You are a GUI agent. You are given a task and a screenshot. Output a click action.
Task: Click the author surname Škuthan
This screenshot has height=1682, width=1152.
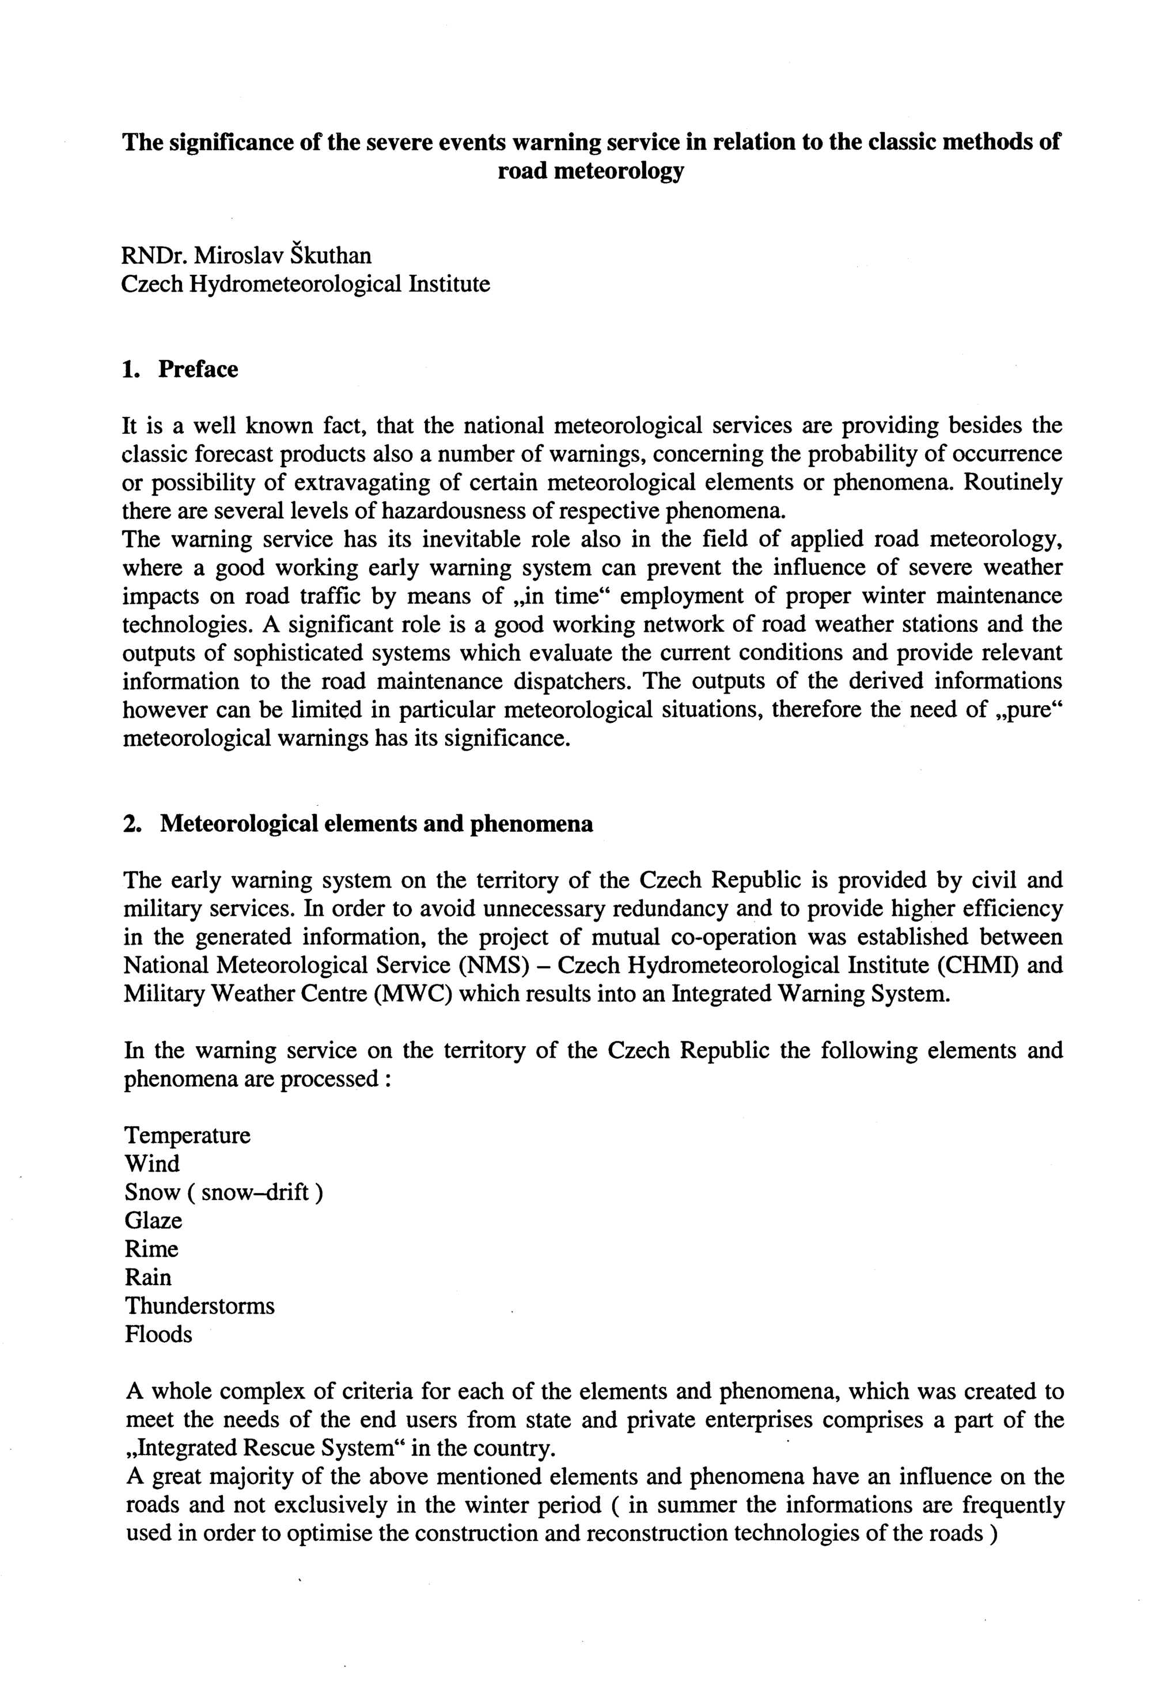pyautogui.click(x=335, y=256)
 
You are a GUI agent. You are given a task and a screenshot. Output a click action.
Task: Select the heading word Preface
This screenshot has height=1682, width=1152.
pyautogui.click(x=198, y=370)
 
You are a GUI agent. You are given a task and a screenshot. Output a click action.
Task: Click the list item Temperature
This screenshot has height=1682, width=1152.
pyautogui.click(x=187, y=1135)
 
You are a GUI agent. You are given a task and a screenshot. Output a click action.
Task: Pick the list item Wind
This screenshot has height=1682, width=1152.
pyautogui.click(x=152, y=1164)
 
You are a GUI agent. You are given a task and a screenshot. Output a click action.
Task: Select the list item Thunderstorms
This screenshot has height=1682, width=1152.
pyautogui.click(x=200, y=1306)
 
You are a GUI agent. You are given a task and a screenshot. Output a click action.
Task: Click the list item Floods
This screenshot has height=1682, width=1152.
pyautogui.click(x=158, y=1334)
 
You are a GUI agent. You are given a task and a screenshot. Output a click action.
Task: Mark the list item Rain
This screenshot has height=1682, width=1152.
pyautogui.click(x=149, y=1278)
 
